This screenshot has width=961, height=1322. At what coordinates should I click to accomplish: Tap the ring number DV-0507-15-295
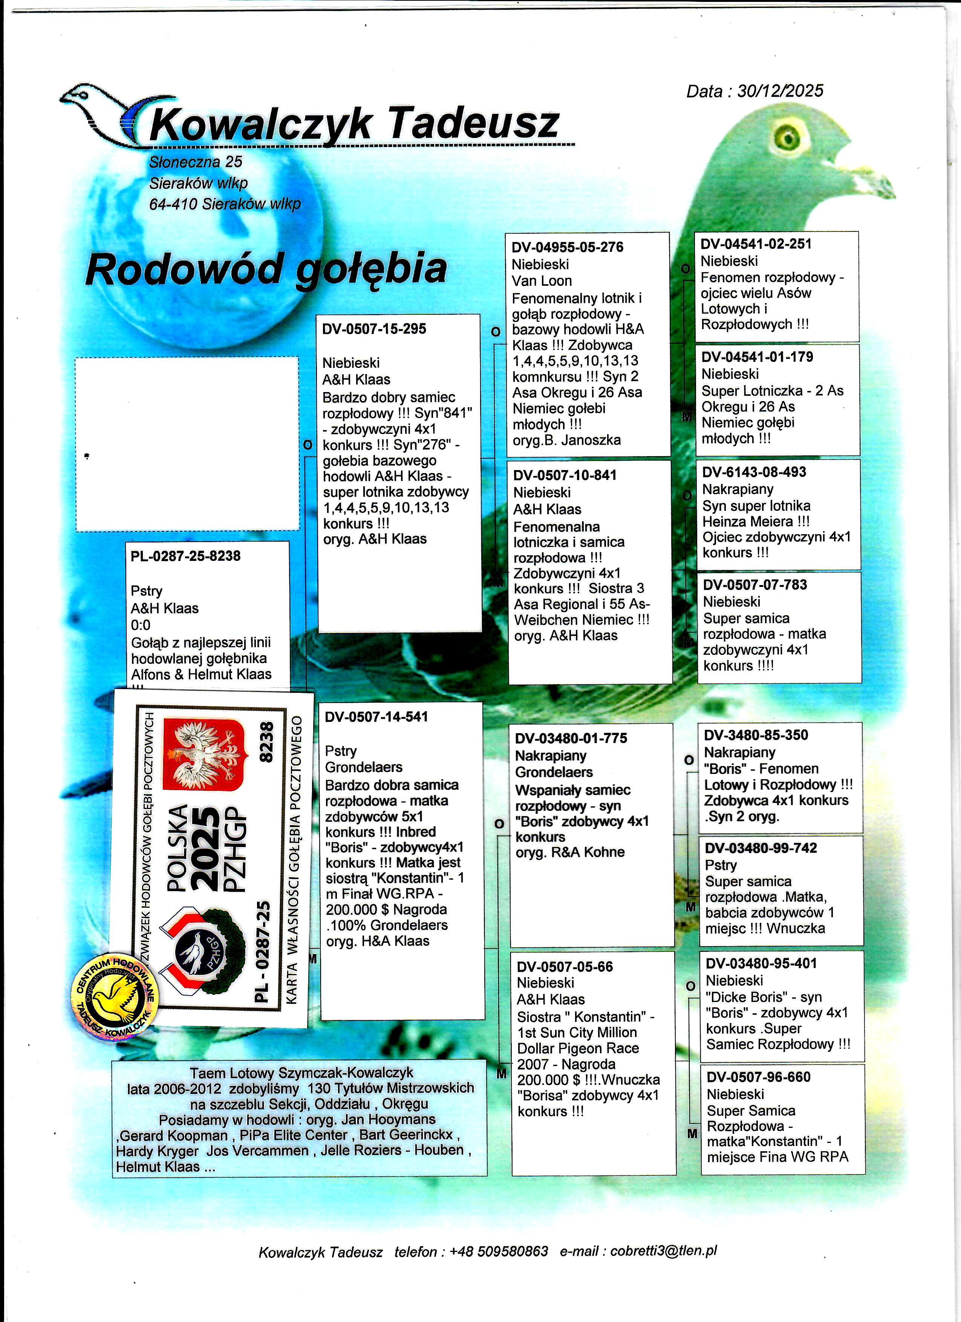tap(374, 329)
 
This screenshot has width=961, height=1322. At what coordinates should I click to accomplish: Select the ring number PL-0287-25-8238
tap(185, 556)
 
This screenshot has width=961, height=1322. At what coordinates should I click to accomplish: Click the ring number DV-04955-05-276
tap(567, 247)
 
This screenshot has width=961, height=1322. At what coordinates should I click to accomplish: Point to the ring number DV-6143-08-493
tap(754, 472)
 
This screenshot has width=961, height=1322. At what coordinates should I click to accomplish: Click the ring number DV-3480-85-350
tap(756, 735)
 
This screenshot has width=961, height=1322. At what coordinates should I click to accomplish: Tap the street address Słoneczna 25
tap(195, 162)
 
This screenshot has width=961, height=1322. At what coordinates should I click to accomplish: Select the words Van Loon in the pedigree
tap(542, 281)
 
